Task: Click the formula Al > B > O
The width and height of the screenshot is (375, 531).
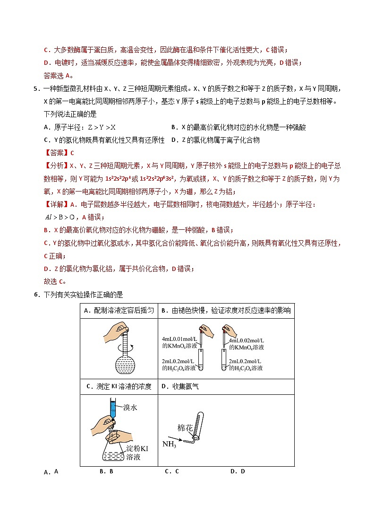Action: [x=60, y=217]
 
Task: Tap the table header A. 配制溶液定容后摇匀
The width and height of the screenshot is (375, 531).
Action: [x=119, y=311]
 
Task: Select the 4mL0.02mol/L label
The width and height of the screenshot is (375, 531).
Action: [x=247, y=340]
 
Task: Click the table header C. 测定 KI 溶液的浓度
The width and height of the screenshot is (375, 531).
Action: [x=119, y=386]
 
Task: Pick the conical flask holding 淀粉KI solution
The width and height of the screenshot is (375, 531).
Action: [x=114, y=452]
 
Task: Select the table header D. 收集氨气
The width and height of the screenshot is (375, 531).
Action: [x=180, y=386]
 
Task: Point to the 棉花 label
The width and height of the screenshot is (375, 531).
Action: [x=185, y=427]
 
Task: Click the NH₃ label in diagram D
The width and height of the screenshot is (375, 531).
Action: [x=170, y=444]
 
